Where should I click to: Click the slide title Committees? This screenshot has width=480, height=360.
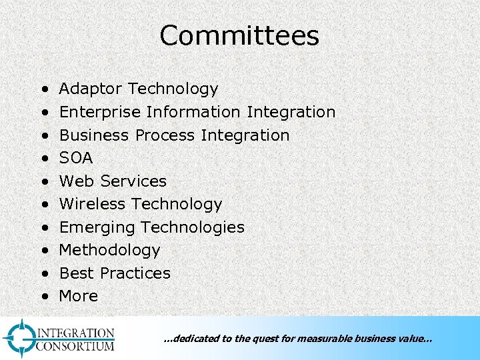(239, 36)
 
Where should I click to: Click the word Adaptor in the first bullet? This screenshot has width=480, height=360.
(91, 89)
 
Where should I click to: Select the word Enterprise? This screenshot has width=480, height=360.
(100, 112)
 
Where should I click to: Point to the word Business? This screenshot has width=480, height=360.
(95, 135)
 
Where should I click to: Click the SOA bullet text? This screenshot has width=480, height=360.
(76, 158)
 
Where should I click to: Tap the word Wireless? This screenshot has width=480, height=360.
(93, 204)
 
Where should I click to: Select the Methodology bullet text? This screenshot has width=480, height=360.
(110, 250)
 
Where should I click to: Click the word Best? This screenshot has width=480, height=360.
(73, 273)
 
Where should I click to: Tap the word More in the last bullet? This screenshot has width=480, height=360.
(79, 296)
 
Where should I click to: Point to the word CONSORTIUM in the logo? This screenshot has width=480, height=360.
(75, 347)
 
